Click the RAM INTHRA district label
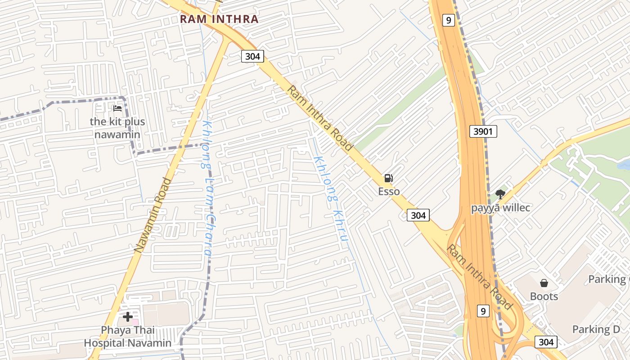coord(219,19)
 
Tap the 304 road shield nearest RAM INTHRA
coord(252,56)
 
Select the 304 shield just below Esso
coord(418,215)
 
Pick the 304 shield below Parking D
coord(546,342)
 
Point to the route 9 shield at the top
coord(448,20)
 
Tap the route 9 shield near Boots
coord(483,310)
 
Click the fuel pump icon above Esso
coord(389,178)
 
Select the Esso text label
coord(389,192)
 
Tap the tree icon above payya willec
coord(500,194)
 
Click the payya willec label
coord(500,208)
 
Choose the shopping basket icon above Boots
coord(544,283)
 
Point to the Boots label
coord(544,297)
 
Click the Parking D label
coord(596,329)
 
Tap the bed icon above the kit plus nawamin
coord(117,108)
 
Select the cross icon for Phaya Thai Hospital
coord(128,317)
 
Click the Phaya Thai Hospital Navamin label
coord(128,337)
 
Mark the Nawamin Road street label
coord(153,215)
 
